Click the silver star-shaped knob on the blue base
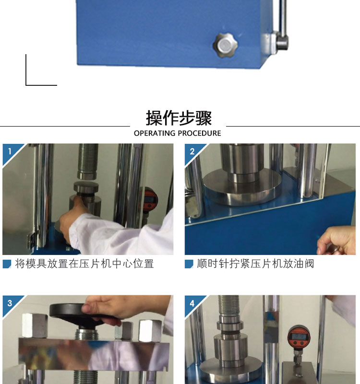click(225, 46)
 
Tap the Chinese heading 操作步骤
click(179, 118)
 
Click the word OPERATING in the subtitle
click(155, 133)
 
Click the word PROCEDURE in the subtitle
click(199, 133)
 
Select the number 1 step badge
click(10, 151)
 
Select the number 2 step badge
click(192, 151)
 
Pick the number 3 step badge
click(10, 303)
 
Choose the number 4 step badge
click(192, 303)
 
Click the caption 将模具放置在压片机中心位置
click(84, 264)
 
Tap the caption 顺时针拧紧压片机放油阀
click(255, 264)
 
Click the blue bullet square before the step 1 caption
click(7, 264)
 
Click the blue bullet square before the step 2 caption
click(189, 264)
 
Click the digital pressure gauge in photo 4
click(299, 336)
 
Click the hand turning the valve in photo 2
click(336, 240)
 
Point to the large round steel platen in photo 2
click(242, 187)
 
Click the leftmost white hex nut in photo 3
click(35, 325)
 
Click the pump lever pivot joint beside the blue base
click(282, 43)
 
